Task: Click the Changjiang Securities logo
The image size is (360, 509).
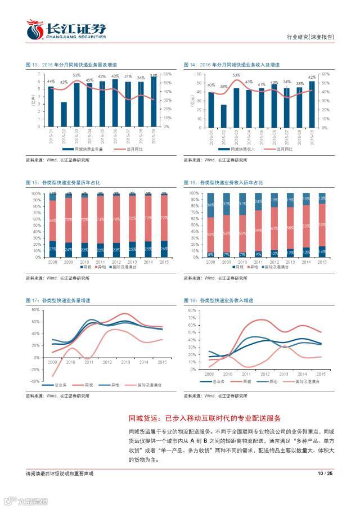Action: [x=66, y=29]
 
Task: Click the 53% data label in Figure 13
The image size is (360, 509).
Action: [x=76, y=75]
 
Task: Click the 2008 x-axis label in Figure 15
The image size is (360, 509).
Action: [x=52, y=262]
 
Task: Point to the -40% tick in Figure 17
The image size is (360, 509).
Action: [x=35, y=381]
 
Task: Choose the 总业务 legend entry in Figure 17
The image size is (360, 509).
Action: [x=57, y=386]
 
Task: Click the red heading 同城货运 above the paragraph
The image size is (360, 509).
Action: [x=146, y=418]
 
